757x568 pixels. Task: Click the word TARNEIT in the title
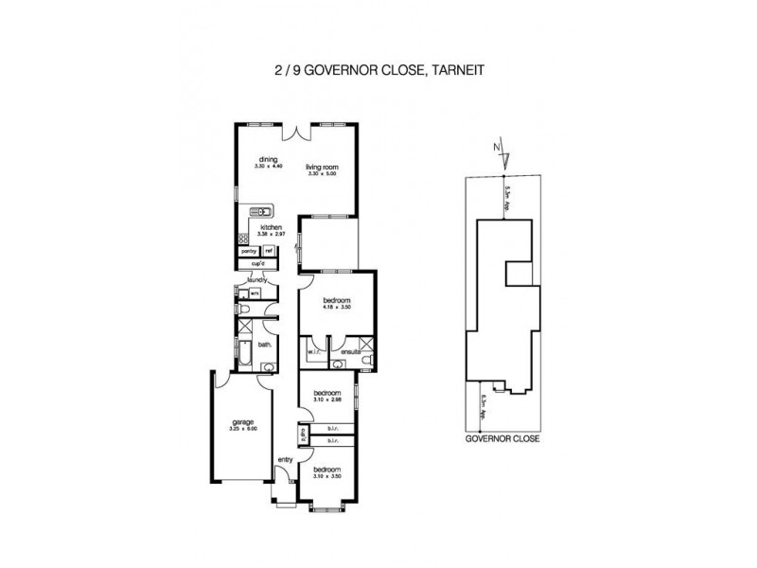coord(461,69)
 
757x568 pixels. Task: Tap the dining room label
coord(268,160)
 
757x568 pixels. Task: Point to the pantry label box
coord(249,251)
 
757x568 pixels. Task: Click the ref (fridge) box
coord(269,251)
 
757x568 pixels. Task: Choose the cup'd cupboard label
coord(256,263)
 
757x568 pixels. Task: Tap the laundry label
coord(256,280)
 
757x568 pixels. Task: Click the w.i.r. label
coord(314,353)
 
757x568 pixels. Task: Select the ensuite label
coord(352,353)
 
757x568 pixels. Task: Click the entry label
coord(285,460)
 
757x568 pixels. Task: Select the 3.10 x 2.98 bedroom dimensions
coord(326,399)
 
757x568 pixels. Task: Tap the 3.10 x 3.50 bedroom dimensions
coord(326,475)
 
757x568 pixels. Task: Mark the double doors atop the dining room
coord(296,126)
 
